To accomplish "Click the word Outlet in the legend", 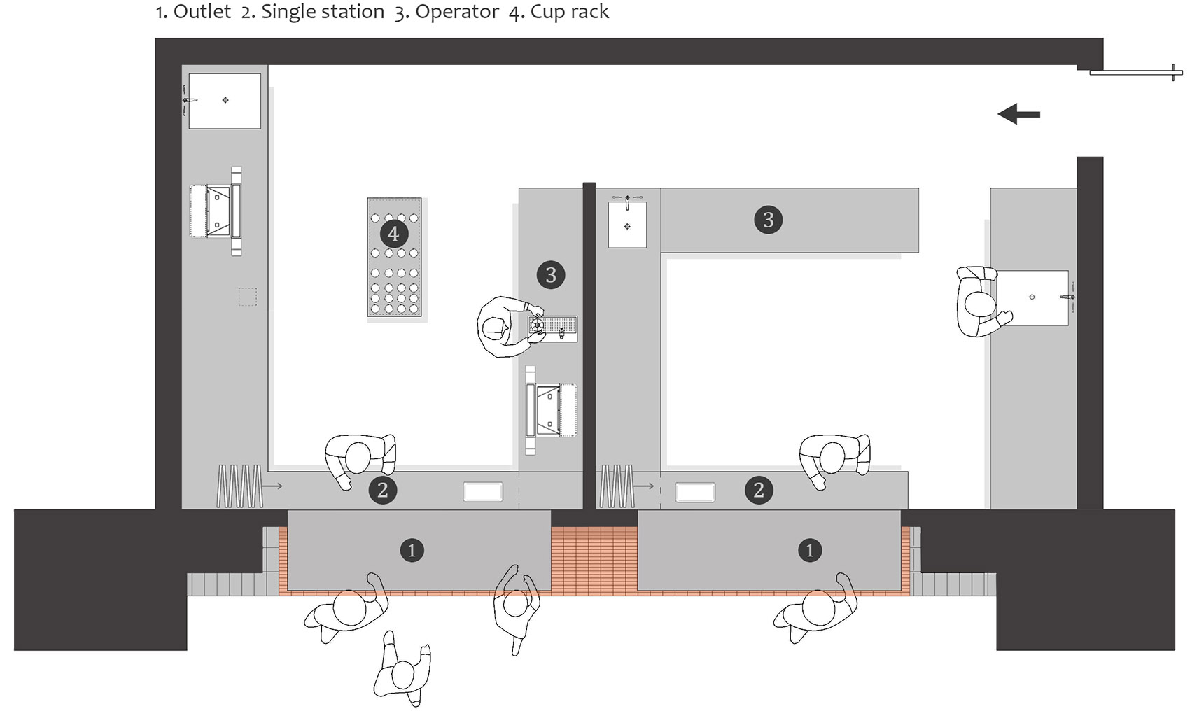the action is coord(202,12).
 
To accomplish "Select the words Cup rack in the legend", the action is coord(570,12).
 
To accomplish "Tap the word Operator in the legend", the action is coord(457,12).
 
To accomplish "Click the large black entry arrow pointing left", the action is coord(1018,114).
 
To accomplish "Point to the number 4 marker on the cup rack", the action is coord(393,234).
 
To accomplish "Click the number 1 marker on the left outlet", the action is coord(412,550).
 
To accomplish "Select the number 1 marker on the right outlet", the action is coord(810,550).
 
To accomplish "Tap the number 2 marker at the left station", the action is coord(382,490).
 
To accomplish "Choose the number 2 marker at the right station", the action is coord(759,490).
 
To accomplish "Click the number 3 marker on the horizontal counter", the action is coord(768,219).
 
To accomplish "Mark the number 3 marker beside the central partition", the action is coord(551,274).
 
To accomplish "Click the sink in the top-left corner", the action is coord(225,101).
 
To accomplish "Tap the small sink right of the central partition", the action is coord(627,224).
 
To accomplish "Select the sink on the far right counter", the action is coord(1032,297).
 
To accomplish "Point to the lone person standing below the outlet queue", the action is coord(402,670).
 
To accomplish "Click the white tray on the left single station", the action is coord(483,492).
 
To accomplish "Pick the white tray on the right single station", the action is coord(695,492).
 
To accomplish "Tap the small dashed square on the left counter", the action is coord(248,297).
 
